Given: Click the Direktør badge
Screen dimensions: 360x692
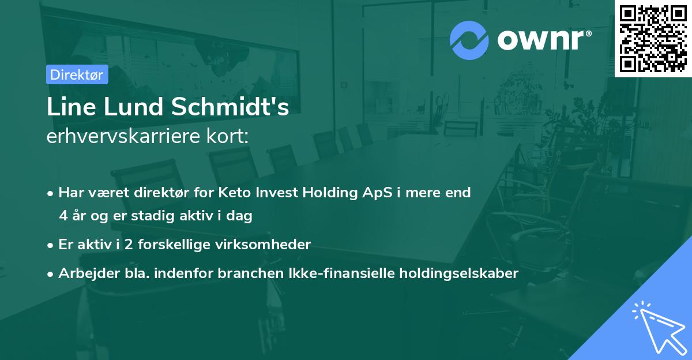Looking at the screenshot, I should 77,74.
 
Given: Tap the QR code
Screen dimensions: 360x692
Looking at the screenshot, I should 653,39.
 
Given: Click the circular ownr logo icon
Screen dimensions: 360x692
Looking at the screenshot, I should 469,40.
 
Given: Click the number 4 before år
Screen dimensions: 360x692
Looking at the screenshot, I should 63,216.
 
